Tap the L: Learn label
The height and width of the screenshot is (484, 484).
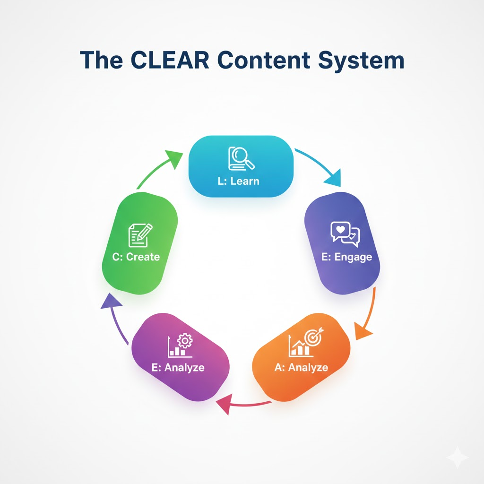pos(239,181)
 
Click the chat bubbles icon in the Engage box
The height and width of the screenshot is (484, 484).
pos(345,233)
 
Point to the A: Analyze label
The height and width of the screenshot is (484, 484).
pos(301,367)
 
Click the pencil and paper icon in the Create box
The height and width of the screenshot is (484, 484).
pos(140,235)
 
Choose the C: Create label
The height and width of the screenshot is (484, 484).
pos(136,257)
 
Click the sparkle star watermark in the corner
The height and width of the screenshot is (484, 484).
pos(457,457)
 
